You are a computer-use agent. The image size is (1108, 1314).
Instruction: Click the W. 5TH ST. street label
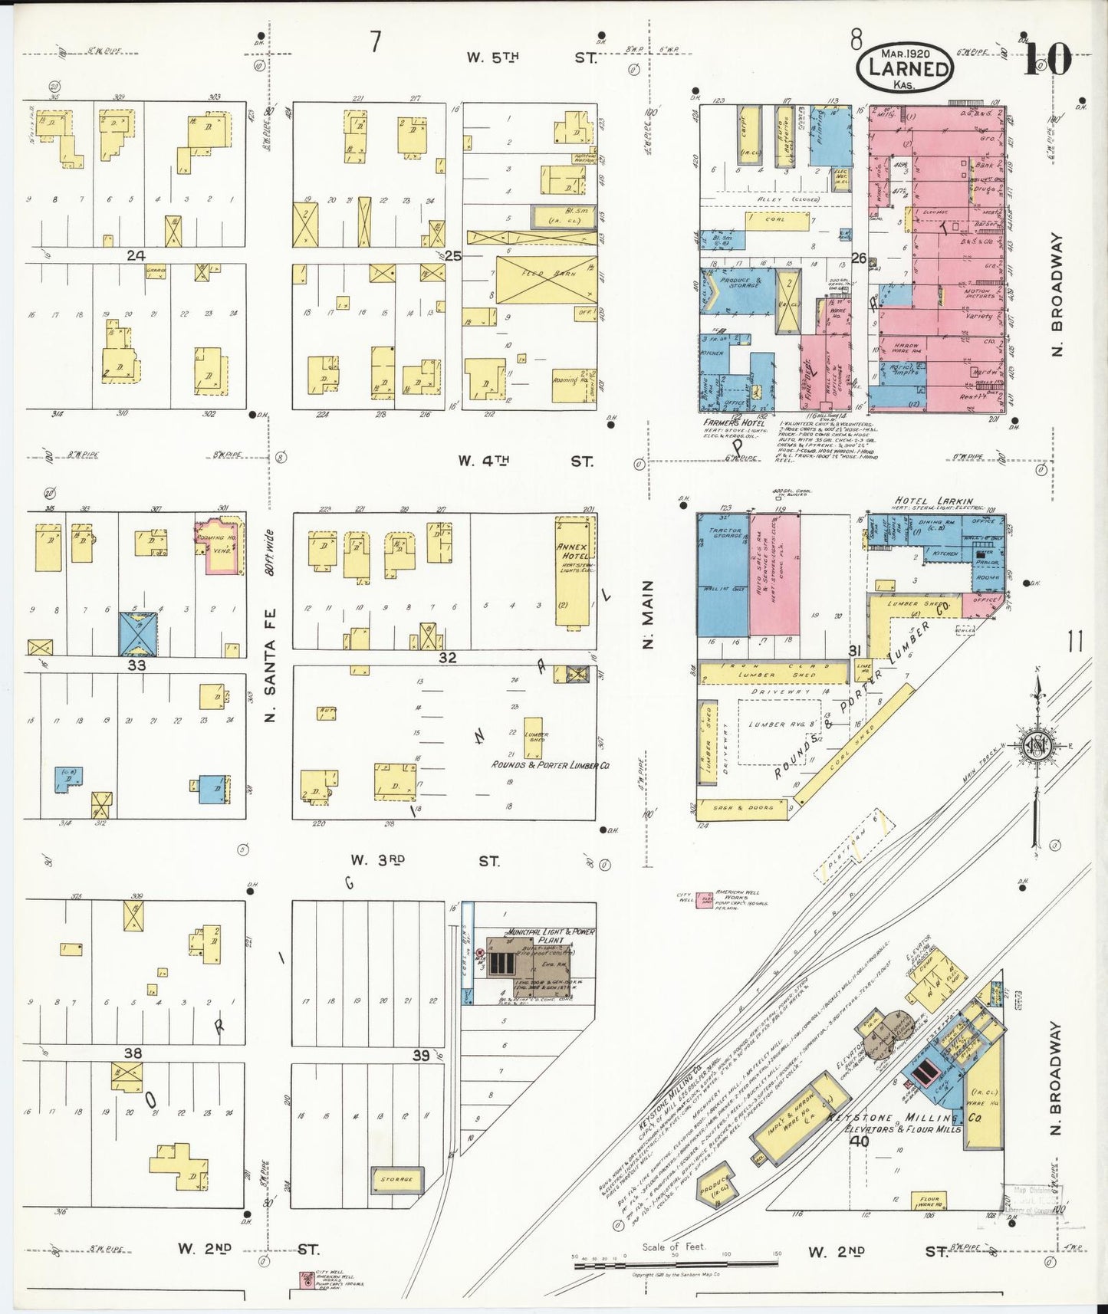tap(531, 57)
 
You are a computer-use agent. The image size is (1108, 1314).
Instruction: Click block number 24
tap(136, 255)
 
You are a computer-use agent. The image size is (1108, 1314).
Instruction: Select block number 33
tap(136, 665)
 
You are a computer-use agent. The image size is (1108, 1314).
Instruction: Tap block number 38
tap(133, 1053)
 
